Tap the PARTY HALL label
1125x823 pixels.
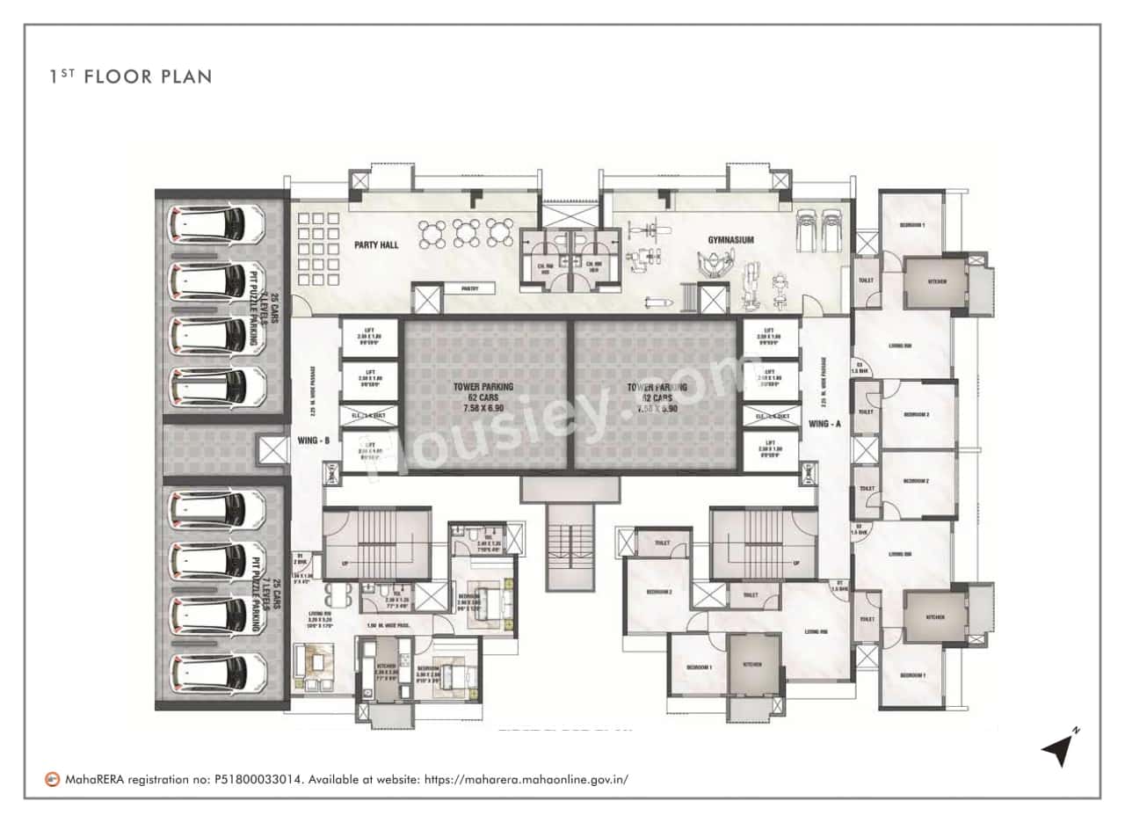click(x=377, y=244)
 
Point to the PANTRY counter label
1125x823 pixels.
click(x=469, y=288)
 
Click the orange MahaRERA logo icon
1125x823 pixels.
click(x=54, y=779)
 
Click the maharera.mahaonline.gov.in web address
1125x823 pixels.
click(x=526, y=779)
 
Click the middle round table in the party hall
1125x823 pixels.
click(x=466, y=233)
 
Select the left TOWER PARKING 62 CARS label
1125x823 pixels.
click(x=483, y=397)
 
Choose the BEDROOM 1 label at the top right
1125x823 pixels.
click(x=911, y=226)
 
